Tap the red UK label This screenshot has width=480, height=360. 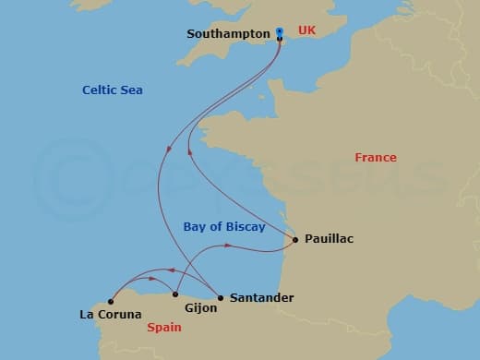click(x=306, y=30)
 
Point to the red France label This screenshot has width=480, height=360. click(x=376, y=158)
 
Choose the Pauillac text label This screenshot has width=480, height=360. click(x=329, y=239)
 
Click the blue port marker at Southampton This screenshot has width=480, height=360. click(x=279, y=33)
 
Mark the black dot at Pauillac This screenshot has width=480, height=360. click(x=294, y=240)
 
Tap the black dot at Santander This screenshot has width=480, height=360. click(x=220, y=297)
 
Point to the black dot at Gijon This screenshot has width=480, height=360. click(x=174, y=296)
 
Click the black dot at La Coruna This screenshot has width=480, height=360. click(x=110, y=300)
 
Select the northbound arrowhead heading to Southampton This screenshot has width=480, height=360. click(x=189, y=153)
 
